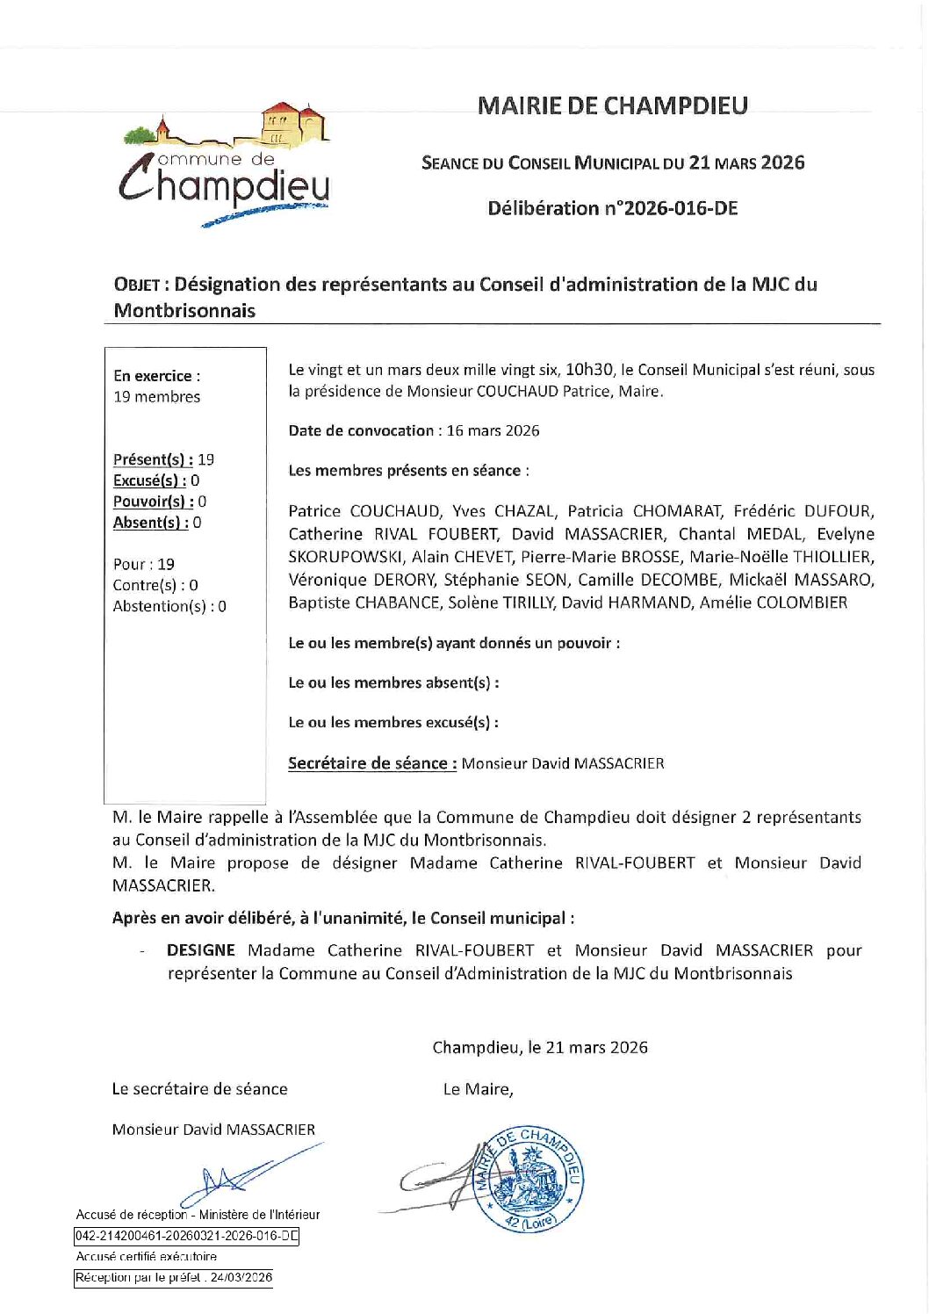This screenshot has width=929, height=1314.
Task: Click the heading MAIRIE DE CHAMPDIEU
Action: click(612, 106)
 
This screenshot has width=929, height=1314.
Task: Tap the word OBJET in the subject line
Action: click(136, 285)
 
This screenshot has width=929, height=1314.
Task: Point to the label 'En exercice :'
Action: click(156, 376)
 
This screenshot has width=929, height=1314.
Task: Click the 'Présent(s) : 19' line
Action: click(163, 459)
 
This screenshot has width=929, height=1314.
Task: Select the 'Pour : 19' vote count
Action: click(143, 564)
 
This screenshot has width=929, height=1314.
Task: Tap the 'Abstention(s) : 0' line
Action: click(169, 606)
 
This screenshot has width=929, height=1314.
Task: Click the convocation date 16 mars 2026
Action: click(493, 430)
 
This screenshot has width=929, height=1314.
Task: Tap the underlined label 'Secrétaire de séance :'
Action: click(372, 763)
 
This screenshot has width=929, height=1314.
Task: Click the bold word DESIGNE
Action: click(200, 950)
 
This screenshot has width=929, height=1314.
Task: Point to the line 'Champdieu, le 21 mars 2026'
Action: click(540, 1047)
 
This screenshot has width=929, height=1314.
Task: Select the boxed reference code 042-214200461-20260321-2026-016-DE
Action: click(187, 1236)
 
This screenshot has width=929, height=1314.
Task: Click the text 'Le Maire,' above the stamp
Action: click(478, 1089)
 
